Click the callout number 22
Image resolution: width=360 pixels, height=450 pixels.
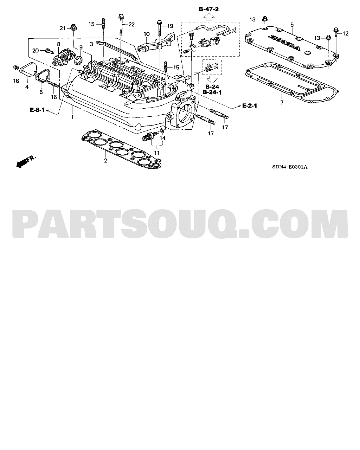point(131,25)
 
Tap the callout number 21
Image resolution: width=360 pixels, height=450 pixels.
point(63,28)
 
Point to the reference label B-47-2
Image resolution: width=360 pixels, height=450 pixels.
point(208,9)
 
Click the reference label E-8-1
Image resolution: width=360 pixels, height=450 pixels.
point(38,110)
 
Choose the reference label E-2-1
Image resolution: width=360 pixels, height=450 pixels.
point(250,106)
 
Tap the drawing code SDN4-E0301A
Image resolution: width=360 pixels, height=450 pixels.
point(290,167)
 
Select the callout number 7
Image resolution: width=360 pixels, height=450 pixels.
point(282,103)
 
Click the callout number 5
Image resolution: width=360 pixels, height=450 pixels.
point(292,25)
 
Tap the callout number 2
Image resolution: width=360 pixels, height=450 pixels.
point(105,161)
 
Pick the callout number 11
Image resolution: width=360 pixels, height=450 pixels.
point(157,153)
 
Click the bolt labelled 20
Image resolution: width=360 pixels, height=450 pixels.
point(49,51)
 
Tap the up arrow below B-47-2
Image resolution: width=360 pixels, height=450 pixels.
point(208,17)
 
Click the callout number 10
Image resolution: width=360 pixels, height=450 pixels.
point(147,34)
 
